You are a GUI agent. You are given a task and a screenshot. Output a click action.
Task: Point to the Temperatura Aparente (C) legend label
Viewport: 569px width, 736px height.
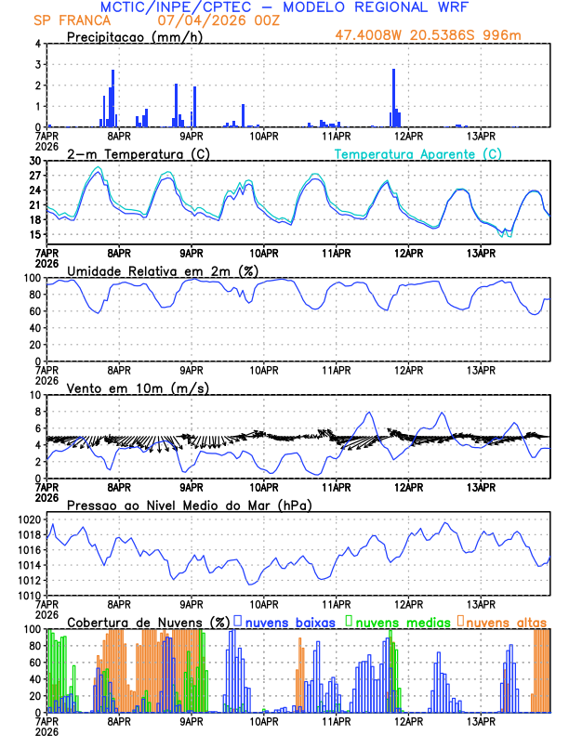coord(418,153)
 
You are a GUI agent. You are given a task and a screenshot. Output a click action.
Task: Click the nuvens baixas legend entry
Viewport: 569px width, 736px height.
coord(288,621)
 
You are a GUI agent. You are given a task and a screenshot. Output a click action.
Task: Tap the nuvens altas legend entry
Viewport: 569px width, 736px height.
coord(505,621)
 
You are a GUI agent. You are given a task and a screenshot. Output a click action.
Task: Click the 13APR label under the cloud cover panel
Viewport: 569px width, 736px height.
coord(481,720)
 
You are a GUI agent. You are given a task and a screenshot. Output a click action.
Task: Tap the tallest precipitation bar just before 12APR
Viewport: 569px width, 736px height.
coord(394,97)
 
